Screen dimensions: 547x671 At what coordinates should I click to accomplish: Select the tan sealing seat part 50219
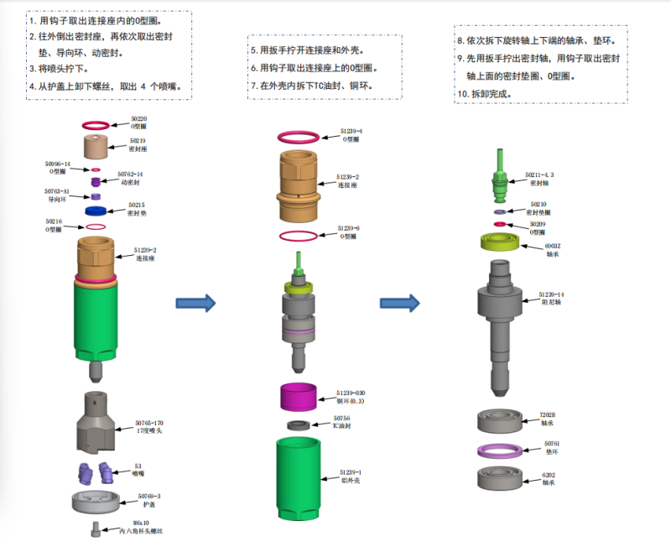tap(98, 148)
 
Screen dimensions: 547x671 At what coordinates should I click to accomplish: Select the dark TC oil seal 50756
tap(298, 425)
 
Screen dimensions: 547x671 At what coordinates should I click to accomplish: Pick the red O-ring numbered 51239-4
tap(299, 136)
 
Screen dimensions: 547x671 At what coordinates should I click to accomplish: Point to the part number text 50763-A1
tap(57, 191)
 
